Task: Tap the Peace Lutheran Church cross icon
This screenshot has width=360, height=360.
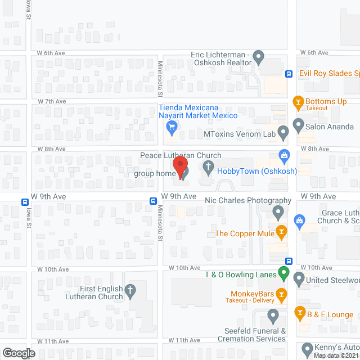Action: pyautogui.click(x=208, y=167)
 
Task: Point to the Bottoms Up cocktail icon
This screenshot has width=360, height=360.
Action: pyautogui.click(x=299, y=101)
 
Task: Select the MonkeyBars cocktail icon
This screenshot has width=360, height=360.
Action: pyautogui.click(x=281, y=294)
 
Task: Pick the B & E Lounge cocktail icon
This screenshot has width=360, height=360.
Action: pyautogui.click(x=300, y=313)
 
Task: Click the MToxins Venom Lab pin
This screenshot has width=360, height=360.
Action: pyautogui.click(x=283, y=132)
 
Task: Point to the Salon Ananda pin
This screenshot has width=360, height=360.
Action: pyautogui.click(x=299, y=127)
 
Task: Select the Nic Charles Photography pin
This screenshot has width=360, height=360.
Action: pyautogui.click(x=277, y=212)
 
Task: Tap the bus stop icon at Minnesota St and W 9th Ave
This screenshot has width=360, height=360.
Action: pyautogui.click(x=153, y=201)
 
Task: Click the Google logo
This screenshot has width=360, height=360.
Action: pyautogui.click(x=18, y=353)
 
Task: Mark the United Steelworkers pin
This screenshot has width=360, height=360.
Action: pyautogui.click(x=299, y=278)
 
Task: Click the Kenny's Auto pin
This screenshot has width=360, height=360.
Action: pyautogui.click(x=307, y=348)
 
